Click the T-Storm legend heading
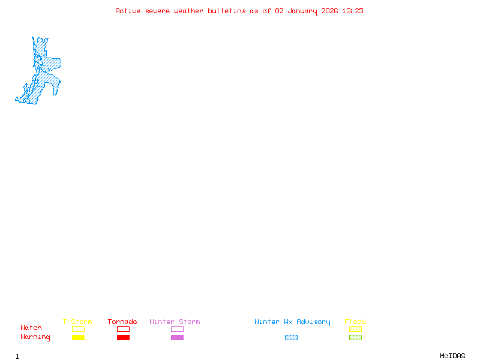(77, 322)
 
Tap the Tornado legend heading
(122, 322)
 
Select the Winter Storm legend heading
(175, 322)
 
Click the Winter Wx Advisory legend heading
(292, 322)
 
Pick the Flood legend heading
(355, 322)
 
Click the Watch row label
(31, 328)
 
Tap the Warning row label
(35, 337)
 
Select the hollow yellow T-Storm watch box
(78, 329)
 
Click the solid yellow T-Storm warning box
(78, 338)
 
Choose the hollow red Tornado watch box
(123, 329)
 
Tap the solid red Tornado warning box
(123, 338)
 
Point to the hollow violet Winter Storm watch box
(177, 329)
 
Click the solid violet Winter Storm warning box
(177, 338)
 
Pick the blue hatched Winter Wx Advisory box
(291, 338)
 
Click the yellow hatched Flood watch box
(355, 329)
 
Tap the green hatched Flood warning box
(355, 338)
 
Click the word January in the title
(302, 11)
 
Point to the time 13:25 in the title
(352, 11)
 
